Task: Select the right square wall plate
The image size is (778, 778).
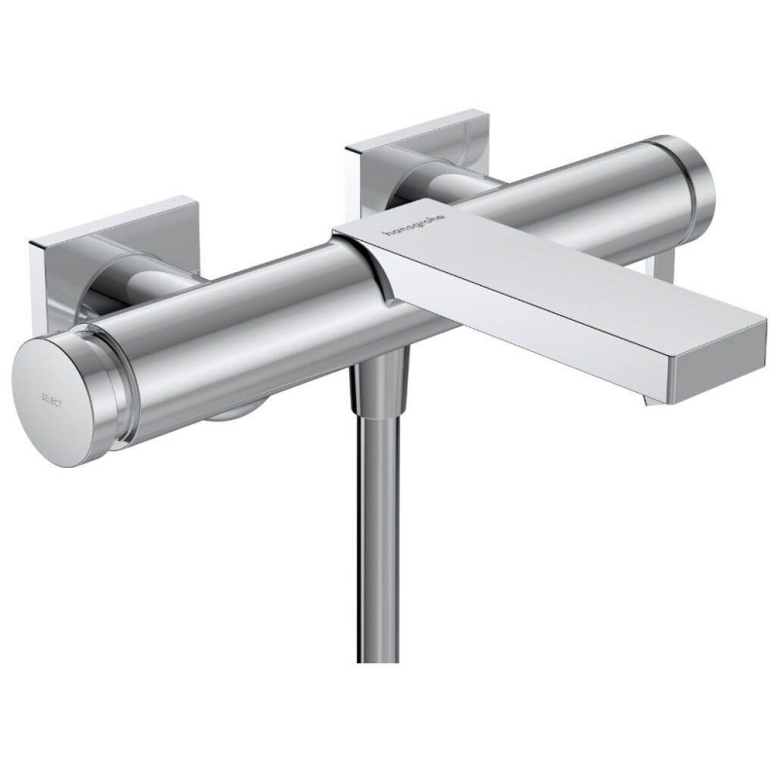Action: click(418, 159)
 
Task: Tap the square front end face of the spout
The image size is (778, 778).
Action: click(719, 369)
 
